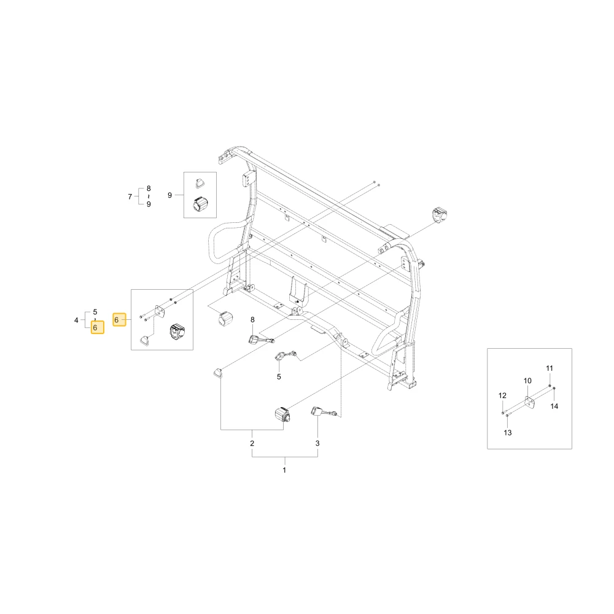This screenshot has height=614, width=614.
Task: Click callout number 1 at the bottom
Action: point(284,470)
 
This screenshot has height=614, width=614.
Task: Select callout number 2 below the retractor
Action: point(252,443)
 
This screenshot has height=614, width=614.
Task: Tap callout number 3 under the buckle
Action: point(317,443)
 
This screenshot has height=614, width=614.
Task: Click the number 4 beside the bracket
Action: point(76,321)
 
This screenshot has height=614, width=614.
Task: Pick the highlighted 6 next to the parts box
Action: point(119,320)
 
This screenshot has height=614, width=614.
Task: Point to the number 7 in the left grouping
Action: point(130,196)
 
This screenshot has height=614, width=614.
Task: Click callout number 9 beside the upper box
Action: point(169,195)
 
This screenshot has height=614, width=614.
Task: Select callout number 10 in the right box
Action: point(527,381)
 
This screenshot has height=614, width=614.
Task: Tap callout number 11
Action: point(550,368)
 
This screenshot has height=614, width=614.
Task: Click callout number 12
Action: point(502,395)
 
